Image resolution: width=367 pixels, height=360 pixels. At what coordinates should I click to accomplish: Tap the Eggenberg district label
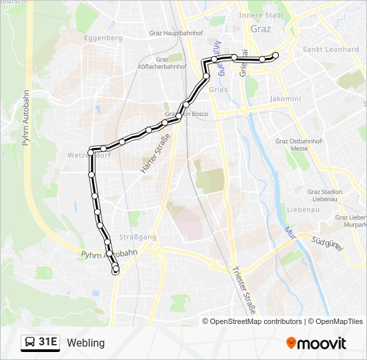103,38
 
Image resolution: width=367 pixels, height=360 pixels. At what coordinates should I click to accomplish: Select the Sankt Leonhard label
331,49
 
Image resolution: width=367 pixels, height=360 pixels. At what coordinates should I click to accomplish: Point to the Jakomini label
285,98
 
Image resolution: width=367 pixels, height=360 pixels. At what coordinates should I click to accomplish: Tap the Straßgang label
129,236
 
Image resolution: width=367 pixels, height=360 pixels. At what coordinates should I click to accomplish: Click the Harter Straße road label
155,154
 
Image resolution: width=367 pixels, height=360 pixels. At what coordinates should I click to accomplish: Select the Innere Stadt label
261,15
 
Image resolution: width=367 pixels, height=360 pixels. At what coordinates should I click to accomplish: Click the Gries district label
218,89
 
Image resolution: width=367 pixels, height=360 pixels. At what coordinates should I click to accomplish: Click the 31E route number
48,343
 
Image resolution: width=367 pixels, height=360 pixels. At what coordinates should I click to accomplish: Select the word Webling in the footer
86,343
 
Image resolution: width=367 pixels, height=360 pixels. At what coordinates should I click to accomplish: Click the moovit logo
316,343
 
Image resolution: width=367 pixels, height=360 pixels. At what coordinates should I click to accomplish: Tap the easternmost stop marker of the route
275,55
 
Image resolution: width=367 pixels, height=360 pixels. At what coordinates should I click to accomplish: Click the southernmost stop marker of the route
115,271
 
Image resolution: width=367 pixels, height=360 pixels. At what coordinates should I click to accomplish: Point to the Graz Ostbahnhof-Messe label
300,145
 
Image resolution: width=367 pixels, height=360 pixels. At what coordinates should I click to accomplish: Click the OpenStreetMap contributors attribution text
256,321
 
